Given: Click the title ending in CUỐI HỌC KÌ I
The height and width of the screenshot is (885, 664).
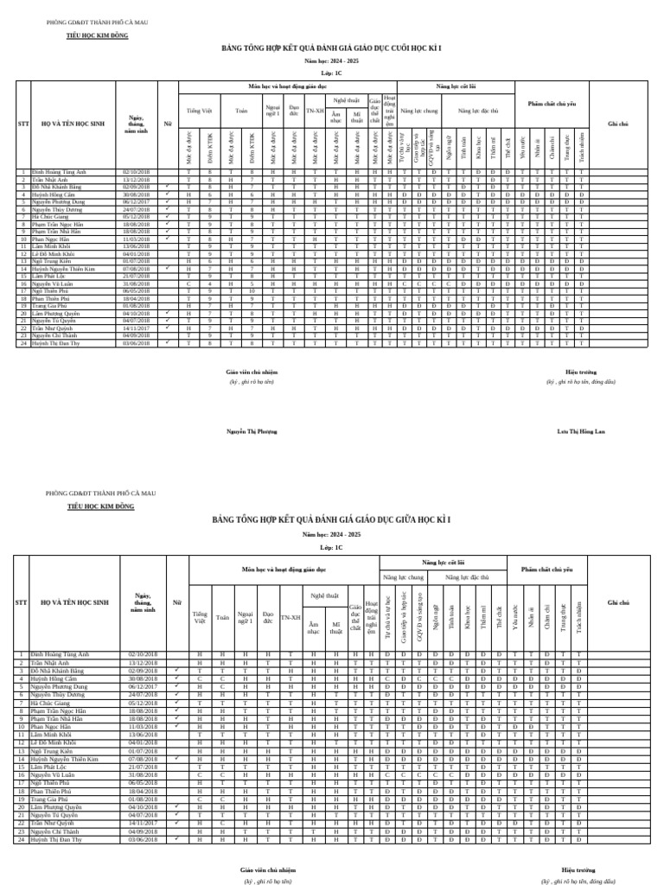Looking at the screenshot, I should point(331,49).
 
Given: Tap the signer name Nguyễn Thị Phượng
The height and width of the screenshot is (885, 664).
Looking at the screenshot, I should point(252,430).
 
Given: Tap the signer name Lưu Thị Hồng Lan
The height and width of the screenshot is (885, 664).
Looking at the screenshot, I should point(581,430).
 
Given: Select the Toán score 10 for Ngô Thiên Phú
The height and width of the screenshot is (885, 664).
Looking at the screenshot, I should point(252,291).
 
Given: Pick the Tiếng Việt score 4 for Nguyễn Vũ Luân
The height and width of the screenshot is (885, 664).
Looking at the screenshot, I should point(209,283).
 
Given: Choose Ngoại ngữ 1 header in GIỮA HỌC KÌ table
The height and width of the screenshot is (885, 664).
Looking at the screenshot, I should point(245,618).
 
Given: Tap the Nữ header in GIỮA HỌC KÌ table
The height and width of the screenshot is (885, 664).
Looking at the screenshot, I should point(177,602).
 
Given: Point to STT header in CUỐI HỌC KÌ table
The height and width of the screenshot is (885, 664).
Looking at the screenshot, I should point(23,124).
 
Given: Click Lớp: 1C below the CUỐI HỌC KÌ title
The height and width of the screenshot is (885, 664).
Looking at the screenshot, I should point(331,74).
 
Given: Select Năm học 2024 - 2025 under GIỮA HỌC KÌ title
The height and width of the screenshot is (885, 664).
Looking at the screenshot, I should point(331,536).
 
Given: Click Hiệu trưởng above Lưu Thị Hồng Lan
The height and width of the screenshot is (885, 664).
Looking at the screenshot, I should point(580,372).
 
